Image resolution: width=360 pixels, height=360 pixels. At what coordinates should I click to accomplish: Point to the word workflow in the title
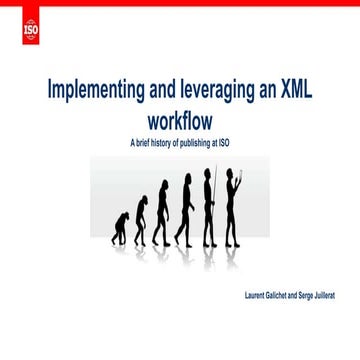180,119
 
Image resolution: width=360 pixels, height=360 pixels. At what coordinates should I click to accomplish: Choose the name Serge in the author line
313,297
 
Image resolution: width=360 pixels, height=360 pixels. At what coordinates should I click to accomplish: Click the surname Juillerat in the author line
336,297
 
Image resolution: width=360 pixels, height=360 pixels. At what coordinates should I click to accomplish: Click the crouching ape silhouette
121,228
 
